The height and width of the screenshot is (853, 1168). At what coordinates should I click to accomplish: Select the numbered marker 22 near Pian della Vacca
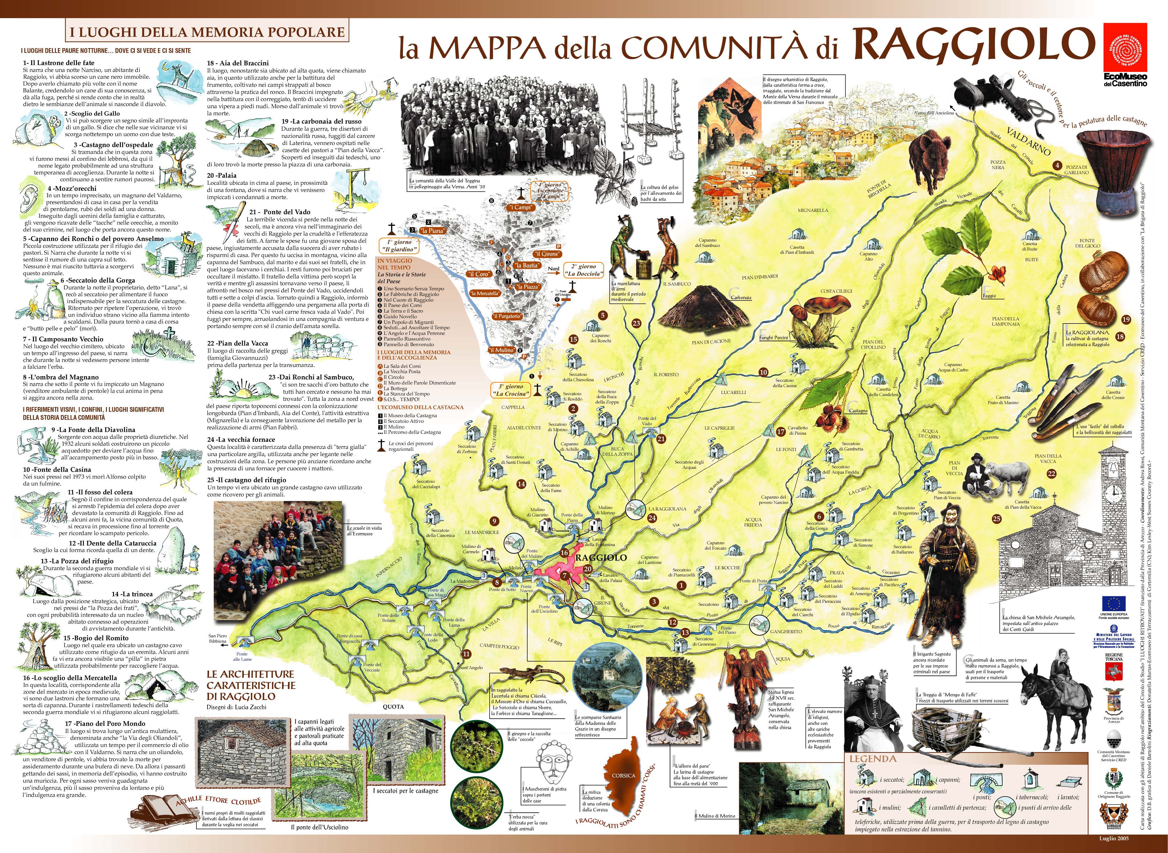pyautogui.click(x=1051, y=474)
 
